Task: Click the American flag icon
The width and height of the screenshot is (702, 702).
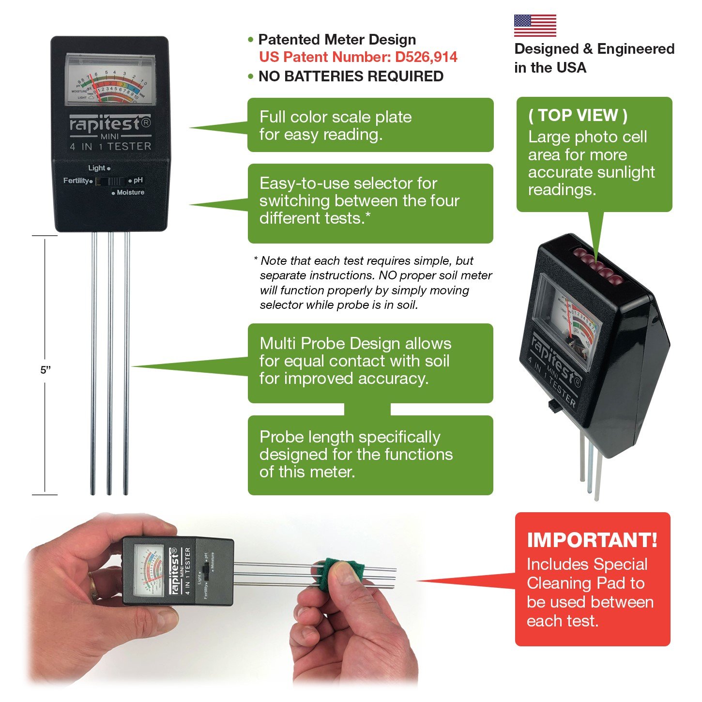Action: tap(534, 25)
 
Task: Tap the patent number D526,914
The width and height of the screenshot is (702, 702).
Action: tap(426, 57)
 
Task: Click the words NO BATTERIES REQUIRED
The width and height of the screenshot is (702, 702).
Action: tap(351, 76)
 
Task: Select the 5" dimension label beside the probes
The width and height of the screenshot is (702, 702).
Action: tap(46, 370)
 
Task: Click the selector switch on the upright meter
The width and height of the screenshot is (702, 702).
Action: tap(110, 181)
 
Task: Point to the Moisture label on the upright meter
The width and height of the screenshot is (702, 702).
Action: tap(130, 192)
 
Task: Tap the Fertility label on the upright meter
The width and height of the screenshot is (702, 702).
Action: tap(76, 181)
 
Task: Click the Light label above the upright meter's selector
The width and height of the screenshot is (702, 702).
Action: tap(97, 168)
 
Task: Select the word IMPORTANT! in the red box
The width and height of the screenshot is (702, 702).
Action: tap(592, 540)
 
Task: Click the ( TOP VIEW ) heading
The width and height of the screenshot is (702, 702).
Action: tap(578, 115)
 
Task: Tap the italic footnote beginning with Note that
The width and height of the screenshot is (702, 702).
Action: tap(373, 283)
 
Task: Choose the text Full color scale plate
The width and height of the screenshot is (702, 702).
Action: tap(335, 117)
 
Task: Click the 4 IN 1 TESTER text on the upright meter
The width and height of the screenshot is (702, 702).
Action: tap(110, 146)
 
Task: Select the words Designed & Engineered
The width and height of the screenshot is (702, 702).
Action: tap(594, 49)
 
